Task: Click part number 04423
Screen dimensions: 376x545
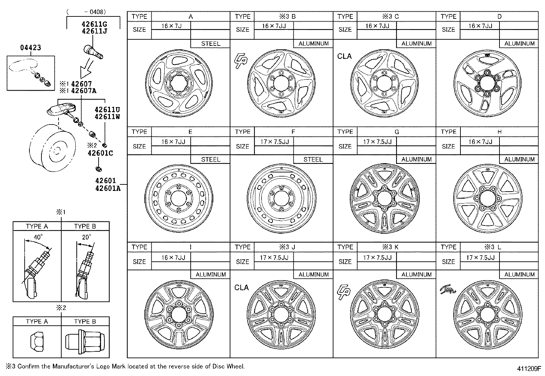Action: (30, 48)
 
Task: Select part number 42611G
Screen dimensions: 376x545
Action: (94, 24)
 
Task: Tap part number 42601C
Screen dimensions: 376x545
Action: (100, 153)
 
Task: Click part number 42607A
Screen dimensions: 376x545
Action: (84, 91)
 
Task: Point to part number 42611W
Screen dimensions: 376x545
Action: (107, 117)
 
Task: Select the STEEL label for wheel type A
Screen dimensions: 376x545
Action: (211, 43)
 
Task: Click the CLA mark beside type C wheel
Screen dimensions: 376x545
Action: (344, 56)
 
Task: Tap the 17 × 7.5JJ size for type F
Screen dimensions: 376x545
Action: (274, 141)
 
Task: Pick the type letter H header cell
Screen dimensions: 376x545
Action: (499, 132)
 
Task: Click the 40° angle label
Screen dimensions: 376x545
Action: (38, 237)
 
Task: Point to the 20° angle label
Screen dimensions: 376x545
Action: (86, 237)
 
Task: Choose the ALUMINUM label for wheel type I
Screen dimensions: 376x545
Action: (211, 274)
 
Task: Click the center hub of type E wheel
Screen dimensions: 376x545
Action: (178, 198)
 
